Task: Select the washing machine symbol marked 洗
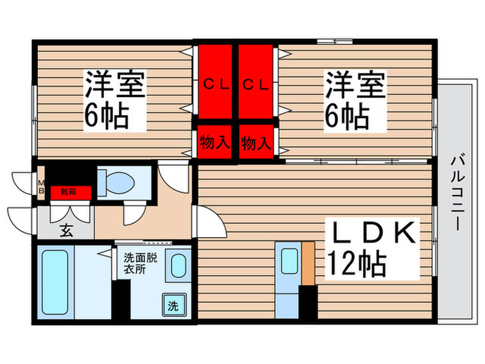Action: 172,304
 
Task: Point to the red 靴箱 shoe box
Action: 69,191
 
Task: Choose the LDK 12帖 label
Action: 371,249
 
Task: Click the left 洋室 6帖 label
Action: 115,99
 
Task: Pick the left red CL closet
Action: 215,84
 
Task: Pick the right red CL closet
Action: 256,84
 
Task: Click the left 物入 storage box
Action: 215,143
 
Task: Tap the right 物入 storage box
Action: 255,143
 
